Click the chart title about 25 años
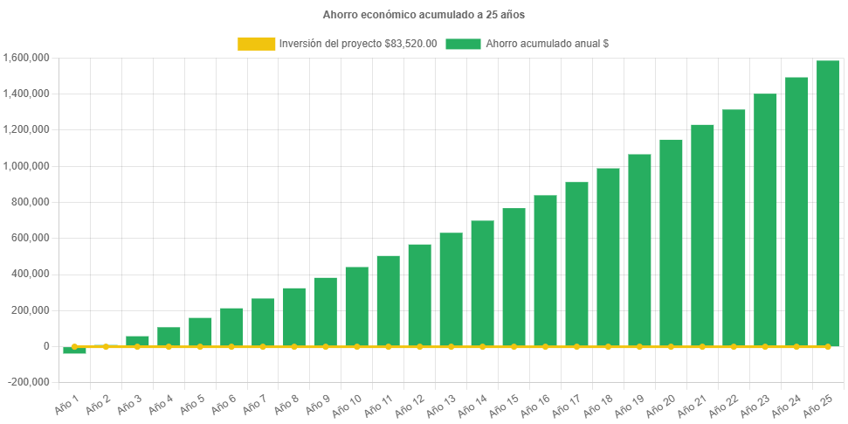click(x=424, y=15)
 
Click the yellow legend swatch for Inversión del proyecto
click(x=255, y=44)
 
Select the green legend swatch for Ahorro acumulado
click(x=463, y=44)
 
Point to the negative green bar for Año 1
click(x=74, y=351)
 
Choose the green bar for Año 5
click(x=200, y=331)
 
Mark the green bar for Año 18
click(x=608, y=257)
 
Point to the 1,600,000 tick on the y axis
click(x=25, y=58)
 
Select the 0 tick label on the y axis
click(x=45, y=346)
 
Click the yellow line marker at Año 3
click(x=137, y=346)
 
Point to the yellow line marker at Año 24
click(x=796, y=346)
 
